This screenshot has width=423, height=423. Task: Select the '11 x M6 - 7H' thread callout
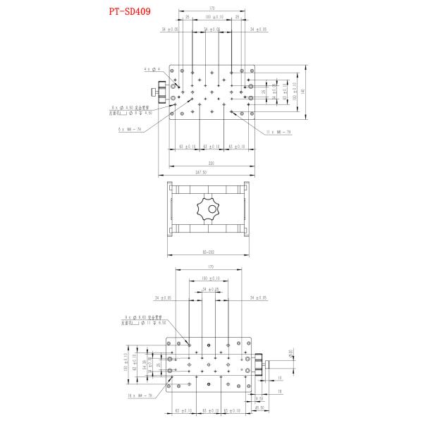point(278,132)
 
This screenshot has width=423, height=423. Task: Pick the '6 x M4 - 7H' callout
point(130,129)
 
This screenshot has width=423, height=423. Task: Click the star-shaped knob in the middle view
point(209,209)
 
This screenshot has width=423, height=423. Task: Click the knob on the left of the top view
point(163,92)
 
